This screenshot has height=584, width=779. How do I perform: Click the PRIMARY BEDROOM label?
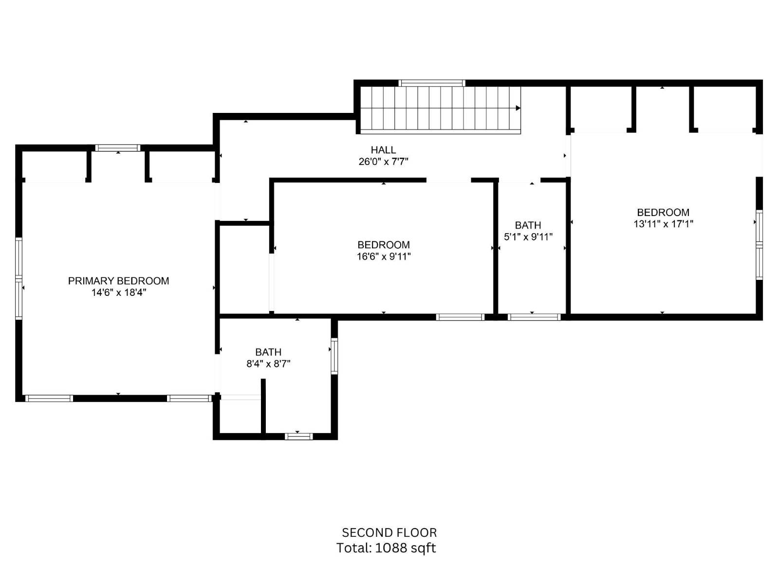point(118,281)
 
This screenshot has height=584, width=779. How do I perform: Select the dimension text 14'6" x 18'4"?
point(118,292)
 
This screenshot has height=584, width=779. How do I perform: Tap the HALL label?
point(383,150)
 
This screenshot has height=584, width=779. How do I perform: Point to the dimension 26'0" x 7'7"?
point(383,162)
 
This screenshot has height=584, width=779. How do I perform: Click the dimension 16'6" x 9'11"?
point(384,256)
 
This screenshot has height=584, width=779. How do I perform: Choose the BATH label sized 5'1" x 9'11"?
point(528,225)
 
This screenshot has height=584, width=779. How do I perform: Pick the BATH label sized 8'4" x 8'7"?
point(268,352)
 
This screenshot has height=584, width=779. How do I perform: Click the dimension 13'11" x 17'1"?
point(663,224)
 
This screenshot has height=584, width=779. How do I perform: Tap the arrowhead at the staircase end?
point(518,108)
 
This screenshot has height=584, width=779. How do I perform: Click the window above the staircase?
point(432,83)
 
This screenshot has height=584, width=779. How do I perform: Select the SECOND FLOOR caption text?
point(389,532)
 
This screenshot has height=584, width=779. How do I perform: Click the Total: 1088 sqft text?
point(386,548)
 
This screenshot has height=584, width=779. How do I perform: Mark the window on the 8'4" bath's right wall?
point(334,356)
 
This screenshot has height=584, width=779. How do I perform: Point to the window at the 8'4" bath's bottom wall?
point(298,436)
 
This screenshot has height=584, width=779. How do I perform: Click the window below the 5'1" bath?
point(534,317)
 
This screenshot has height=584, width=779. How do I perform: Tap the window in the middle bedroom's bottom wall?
point(460,317)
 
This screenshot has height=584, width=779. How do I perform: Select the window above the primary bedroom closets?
point(117,148)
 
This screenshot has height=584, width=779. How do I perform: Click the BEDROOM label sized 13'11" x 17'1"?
point(663,212)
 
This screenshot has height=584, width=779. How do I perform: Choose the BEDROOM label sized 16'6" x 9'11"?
point(384,245)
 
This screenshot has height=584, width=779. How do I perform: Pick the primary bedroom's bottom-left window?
point(49,398)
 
